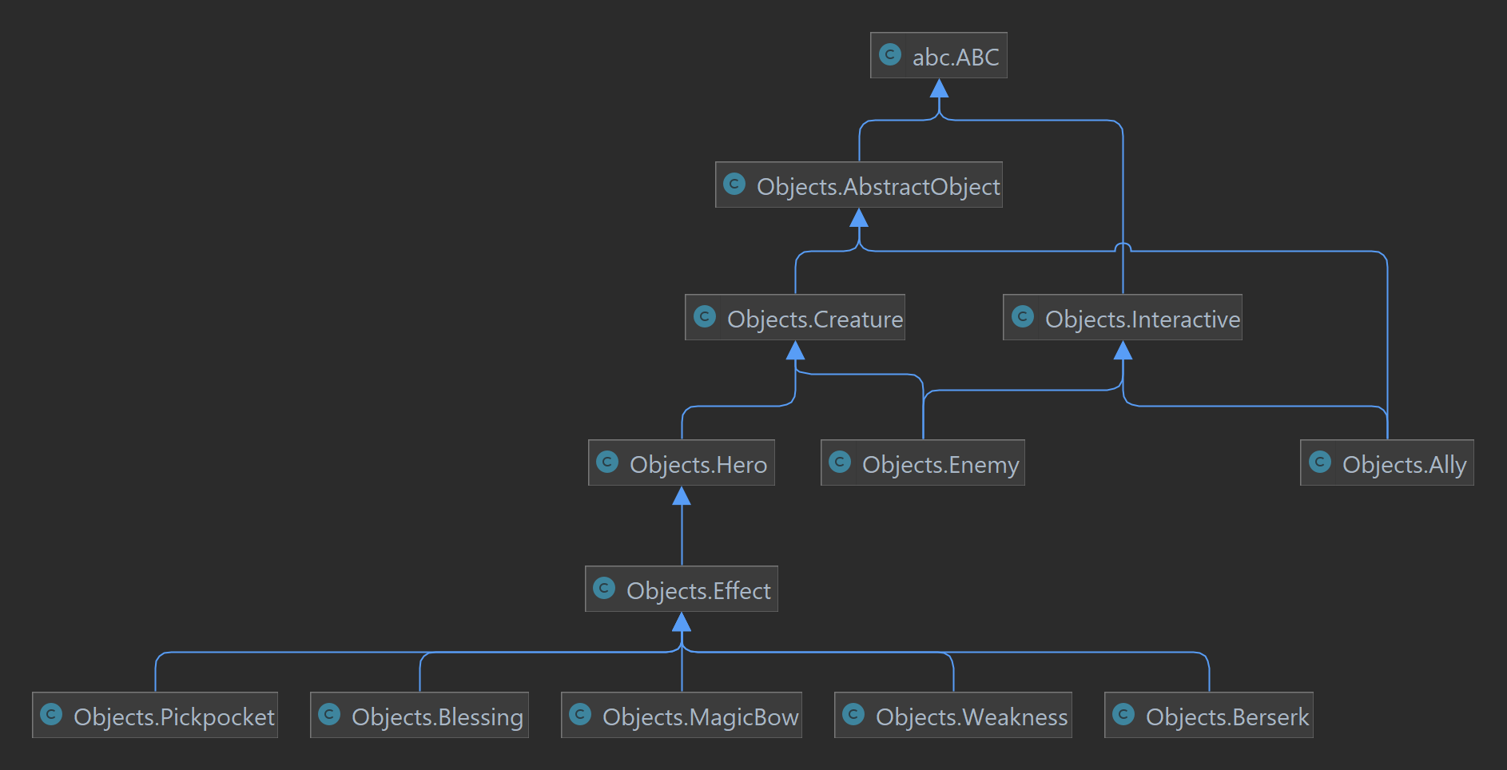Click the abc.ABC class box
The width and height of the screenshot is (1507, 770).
939,55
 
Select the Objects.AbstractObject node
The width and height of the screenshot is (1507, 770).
859,185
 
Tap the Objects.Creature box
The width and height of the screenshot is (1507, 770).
795,318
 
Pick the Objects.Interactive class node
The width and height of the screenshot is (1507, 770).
1123,318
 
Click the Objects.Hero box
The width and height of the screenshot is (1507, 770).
682,463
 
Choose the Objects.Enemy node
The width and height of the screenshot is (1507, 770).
923,463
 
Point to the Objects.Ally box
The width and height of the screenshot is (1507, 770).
1387,463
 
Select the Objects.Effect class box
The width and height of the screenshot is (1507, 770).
682,589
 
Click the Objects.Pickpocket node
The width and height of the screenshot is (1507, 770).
155,716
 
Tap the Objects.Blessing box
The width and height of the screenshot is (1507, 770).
419,716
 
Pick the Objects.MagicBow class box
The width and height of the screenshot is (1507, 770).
682,716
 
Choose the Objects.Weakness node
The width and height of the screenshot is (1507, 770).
953,716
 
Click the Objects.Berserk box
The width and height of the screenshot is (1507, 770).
1209,716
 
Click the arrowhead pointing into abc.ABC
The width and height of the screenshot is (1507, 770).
939,88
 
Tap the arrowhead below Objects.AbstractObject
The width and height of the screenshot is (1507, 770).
859,217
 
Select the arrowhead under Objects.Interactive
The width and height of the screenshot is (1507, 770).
1123,350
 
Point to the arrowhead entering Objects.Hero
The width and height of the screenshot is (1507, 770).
682,496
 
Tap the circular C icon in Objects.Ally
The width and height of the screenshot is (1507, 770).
1320,462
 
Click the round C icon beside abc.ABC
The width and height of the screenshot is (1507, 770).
889,54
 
